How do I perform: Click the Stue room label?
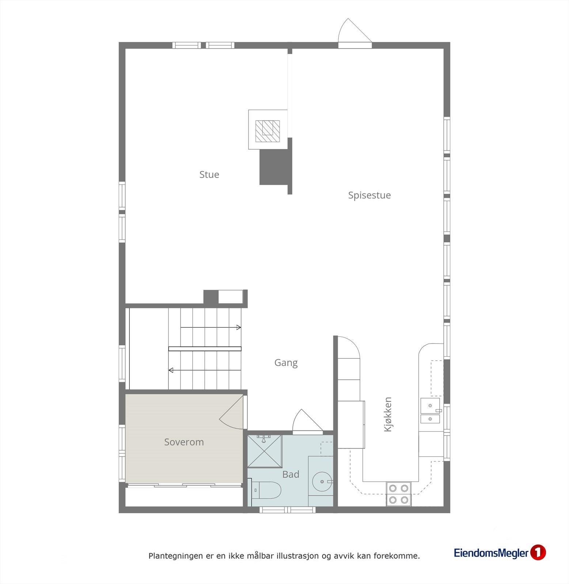point(209,174)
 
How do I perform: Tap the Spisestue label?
point(369,195)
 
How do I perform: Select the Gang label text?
point(286,363)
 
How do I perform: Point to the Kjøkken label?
point(388,414)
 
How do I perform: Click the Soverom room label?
point(184,442)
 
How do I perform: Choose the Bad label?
point(291,474)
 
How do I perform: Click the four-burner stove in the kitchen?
point(398,493)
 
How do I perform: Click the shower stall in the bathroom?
point(265,451)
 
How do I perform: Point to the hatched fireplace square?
point(267,131)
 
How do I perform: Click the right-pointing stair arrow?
point(211,327)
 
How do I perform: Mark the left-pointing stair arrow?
point(205,370)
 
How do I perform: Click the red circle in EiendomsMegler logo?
point(538,553)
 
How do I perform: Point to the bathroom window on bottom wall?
point(287,510)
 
